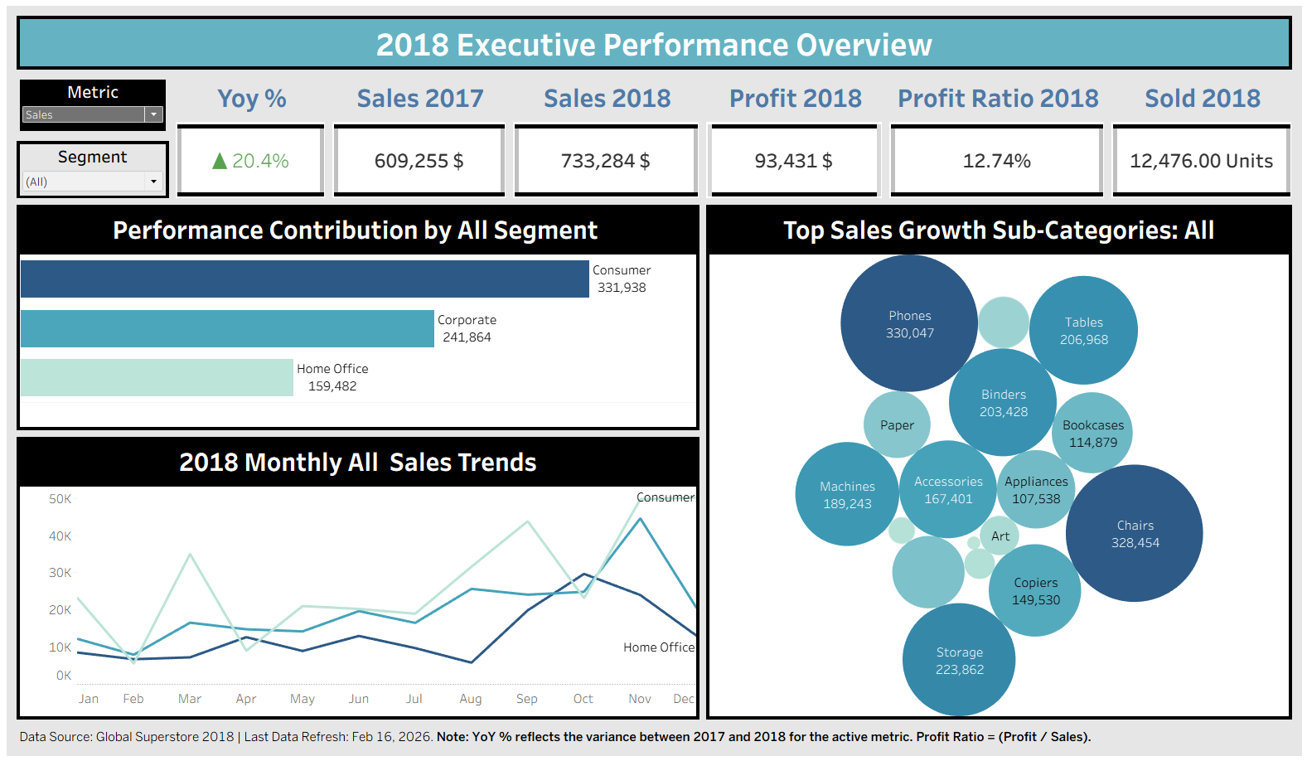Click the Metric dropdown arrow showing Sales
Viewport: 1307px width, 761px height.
coord(153,114)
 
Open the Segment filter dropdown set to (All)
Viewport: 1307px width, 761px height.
coord(153,182)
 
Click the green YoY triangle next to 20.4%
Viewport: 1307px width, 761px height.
coord(220,161)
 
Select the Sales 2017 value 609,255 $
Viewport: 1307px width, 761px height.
coord(419,161)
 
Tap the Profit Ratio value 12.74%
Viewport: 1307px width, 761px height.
coord(996,161)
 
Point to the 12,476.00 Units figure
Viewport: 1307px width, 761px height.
coord(1201,161)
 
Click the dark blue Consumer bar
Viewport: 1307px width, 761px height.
coord(304,279)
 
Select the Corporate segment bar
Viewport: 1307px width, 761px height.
coord(227,328)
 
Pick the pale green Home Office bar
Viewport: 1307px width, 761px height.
coord(157,377)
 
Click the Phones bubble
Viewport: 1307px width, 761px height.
coord(909,323)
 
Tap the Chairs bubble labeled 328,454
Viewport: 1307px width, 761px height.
coord(1135,534)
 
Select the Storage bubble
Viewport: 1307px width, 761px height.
coord(959,661)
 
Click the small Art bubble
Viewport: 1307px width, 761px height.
coord(1000,536)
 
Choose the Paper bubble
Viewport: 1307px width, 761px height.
coord(897,425)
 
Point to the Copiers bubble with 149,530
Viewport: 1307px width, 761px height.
coord(1035,591)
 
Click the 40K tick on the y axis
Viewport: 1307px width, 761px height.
coord(60,536)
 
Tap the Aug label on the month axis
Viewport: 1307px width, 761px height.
coord(471,699)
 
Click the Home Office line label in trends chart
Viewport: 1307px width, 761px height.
coord(659,647)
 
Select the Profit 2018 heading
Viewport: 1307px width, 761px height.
coord(795,99)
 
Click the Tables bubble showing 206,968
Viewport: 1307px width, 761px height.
coord(1083,331)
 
